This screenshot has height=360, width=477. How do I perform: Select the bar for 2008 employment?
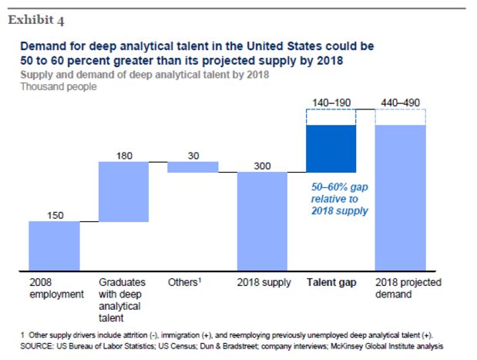coord(54,246)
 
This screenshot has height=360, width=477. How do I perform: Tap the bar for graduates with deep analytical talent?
coord(123,192)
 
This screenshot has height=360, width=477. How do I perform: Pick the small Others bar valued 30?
coord(193,167)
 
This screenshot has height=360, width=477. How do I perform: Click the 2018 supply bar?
coord(262,221)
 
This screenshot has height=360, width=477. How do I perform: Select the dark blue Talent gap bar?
coord(331,149)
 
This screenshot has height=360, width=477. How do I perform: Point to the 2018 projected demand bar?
coord(400,197)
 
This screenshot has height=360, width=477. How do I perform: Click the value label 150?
coord(55,215)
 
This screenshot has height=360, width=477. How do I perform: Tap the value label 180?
coord(124,156)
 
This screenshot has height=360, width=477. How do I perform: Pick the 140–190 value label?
coord(331,103)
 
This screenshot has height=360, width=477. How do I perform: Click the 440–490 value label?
coord(400,103)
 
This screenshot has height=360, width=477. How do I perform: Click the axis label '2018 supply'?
coord(264,283)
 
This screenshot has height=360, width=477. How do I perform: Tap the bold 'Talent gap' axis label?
coord(331,283)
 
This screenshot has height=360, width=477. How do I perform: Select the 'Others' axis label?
coord(184,283)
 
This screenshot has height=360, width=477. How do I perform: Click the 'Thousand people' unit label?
coord(59,87)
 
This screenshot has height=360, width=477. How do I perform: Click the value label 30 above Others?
coord(193,156)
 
